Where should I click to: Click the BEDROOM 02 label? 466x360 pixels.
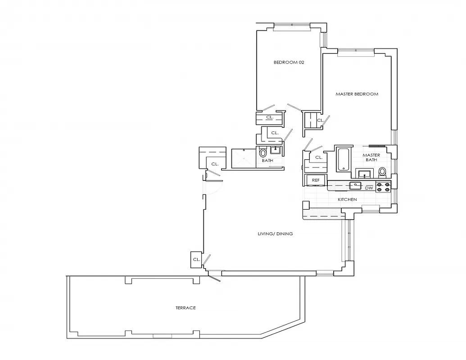tap(289, 63)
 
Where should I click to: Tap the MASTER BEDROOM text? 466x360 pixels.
tap(357, 94)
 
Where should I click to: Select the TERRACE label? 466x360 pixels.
tap(185, 308)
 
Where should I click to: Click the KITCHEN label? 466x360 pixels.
tap(347, 199)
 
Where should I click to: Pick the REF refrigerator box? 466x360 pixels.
tap(316, 180)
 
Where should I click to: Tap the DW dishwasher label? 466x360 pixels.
tap(369, 188)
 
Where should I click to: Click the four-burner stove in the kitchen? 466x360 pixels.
tap(383, 187)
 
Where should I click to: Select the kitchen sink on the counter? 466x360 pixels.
tap(356, 185)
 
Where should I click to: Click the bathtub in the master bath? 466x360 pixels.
tap(343, 159)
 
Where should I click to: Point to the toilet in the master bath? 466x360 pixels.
tap(382, 171)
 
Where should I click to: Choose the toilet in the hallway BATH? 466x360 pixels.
tap(263, 153)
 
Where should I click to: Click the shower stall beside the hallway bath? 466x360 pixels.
tap(243, 158)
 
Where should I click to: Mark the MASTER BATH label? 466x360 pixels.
tap(372, 157)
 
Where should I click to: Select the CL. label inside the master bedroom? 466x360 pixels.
tap(320, 120)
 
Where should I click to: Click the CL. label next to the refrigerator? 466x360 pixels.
tap(318, 157)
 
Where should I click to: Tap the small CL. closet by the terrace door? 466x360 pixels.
tap(196, 260)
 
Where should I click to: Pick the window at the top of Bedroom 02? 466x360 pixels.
tap(292, 26)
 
